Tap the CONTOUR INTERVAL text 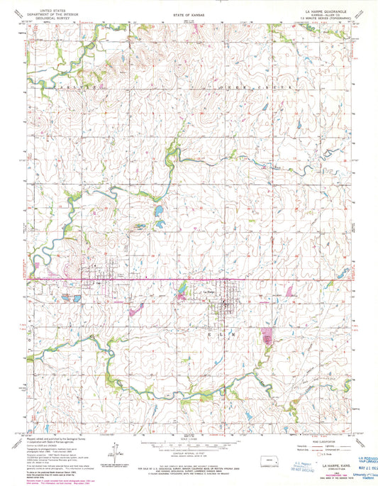click(x=189, y=445)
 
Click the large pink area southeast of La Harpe click(x=268, y=336)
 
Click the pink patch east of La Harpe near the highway click(x=290, y=290)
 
